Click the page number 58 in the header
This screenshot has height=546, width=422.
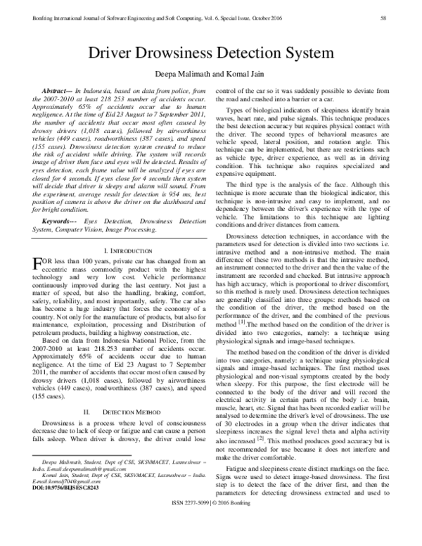coord(401,17)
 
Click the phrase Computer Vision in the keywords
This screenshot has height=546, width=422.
coord(87,248)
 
